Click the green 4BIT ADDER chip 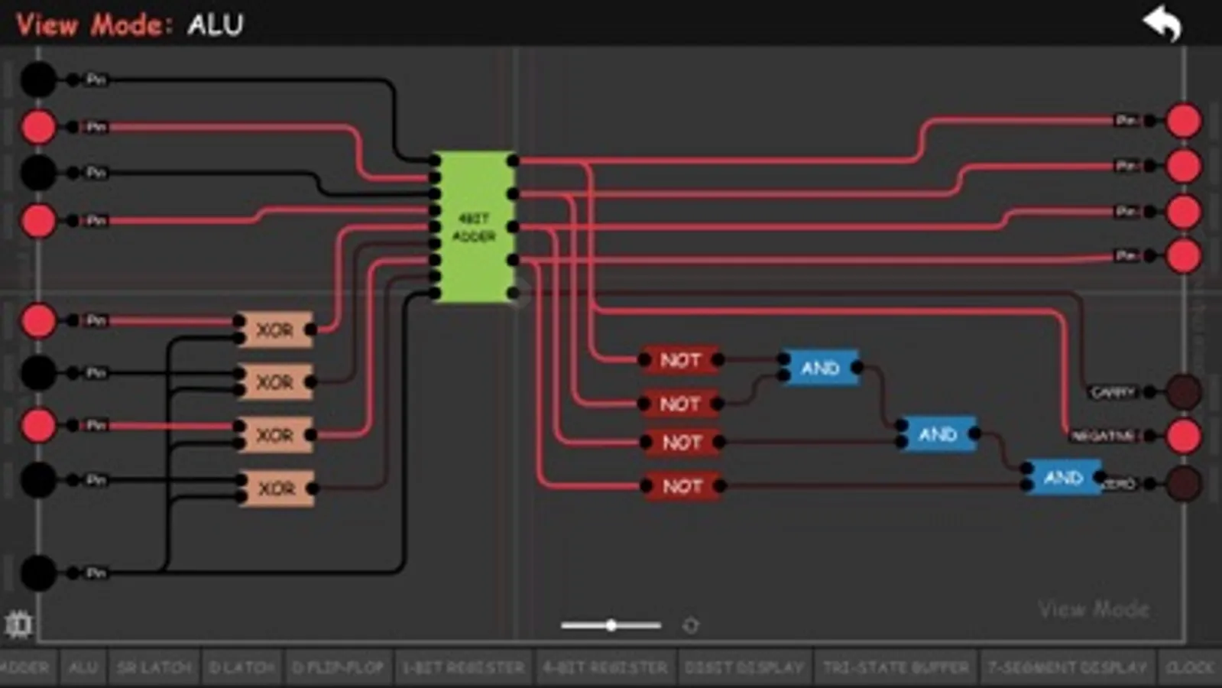tap(474, 227)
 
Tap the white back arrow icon tap(1162, 24)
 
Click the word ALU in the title tap(216, 25)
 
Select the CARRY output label tap(1113, 392)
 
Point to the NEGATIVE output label tap(1103, 436)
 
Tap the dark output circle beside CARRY tap(1184, 391)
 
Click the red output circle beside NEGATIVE tap(1184, 436)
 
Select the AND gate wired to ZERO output tap(1063, 478)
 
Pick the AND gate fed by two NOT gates tap(820, 368)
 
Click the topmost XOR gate tap(275, 329)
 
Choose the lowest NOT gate tap(682, 486)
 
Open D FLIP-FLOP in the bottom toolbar tap(338, 667)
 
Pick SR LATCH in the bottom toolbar tap(154, 667)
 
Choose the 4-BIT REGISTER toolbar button tap(605, 667)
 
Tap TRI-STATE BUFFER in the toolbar tap(896, 667)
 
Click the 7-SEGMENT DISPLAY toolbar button tap(1067, 667)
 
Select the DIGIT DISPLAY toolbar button tap(744, 667)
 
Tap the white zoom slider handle tap(611, 625)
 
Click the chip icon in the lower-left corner tap(18, 625)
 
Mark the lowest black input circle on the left tap(38, 573)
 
